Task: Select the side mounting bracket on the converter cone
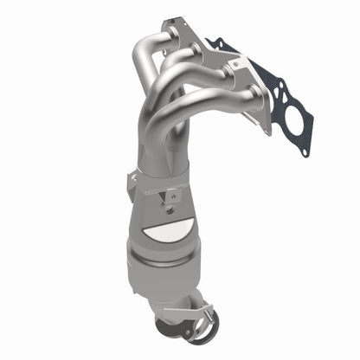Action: coord(132,183)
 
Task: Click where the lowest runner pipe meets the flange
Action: coord(251,94)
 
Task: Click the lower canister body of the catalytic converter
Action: coord(164,277)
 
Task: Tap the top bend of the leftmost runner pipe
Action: coord(145,43)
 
